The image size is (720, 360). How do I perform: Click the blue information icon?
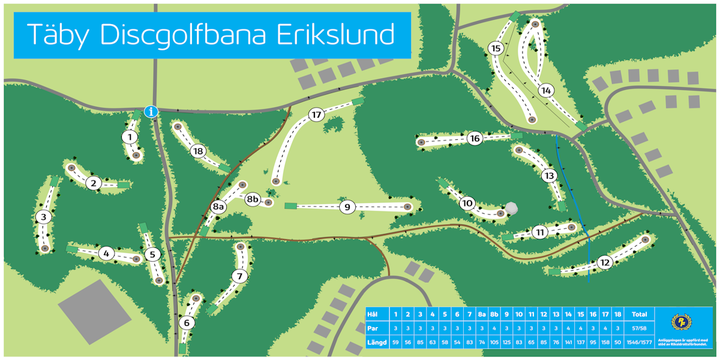151,111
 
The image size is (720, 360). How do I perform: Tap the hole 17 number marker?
317,115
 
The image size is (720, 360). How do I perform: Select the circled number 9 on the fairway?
347,207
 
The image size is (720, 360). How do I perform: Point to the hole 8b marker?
253,199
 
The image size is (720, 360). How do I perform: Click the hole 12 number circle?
604,262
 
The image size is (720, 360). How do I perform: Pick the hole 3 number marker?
42,217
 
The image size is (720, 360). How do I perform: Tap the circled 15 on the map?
496,48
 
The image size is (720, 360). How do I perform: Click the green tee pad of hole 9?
290,206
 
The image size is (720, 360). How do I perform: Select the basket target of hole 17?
276,181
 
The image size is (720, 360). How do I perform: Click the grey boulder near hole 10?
511,208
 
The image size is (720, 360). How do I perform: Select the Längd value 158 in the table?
605,343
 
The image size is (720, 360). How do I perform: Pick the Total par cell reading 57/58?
639,329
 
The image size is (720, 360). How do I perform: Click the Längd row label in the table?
376,343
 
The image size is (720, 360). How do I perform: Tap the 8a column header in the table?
482,314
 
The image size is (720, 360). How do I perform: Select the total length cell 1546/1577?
639,343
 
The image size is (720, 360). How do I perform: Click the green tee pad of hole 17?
358,101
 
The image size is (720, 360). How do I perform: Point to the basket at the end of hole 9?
408,207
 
